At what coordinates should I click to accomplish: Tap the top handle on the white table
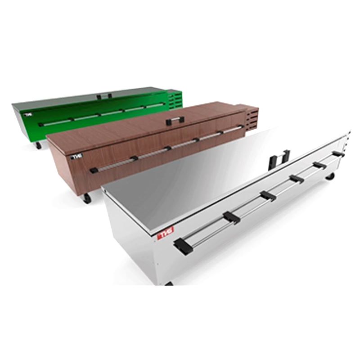(x=279, y=159)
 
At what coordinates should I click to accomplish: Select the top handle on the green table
(x=104, y=95)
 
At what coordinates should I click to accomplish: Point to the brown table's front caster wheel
(x=86, y=198)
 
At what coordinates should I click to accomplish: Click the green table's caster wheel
(x=38, y=145)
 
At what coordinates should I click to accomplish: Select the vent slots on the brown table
(x=252, y=118)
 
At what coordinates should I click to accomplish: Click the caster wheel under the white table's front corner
(x=169, y=283)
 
